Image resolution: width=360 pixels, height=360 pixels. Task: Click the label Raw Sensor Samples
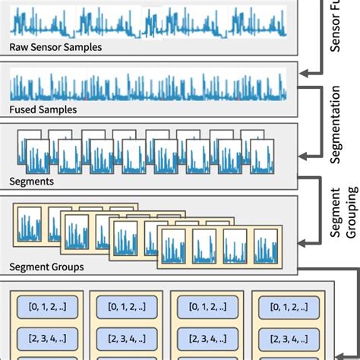click(55, 47)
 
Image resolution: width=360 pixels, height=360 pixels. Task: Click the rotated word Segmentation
click(336, 125)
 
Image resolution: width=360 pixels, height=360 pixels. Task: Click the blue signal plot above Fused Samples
click(148, 87)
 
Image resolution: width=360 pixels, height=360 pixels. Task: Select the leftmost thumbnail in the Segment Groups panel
click(31, 226)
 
